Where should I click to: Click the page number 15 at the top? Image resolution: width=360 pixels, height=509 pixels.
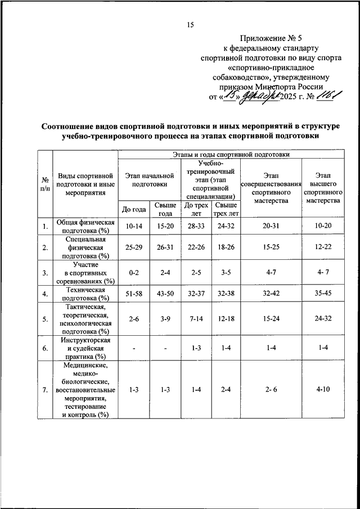point(190,24)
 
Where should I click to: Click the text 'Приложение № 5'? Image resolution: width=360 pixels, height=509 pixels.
point(271,38)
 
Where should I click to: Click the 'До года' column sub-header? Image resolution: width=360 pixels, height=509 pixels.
point(133,210)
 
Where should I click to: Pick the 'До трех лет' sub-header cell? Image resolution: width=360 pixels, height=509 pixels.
point(196,209)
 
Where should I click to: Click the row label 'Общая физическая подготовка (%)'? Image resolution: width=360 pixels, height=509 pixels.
point(86,227)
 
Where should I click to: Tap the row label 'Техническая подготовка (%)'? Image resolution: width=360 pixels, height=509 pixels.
point(86,294)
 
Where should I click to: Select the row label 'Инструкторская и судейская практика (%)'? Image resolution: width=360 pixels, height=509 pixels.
point(86,349)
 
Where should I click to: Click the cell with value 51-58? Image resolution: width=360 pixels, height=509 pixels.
point(133,294)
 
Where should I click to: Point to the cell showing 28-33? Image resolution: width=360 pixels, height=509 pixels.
point(196,227)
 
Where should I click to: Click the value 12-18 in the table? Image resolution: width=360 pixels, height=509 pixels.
point(227,319)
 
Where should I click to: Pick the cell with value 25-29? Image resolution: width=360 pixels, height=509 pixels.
point(133,247)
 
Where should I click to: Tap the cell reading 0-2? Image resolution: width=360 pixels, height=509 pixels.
point(133,273)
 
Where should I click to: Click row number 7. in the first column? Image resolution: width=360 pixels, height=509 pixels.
point(44,389)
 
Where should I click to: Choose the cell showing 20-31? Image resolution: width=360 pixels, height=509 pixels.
point(271,227)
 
